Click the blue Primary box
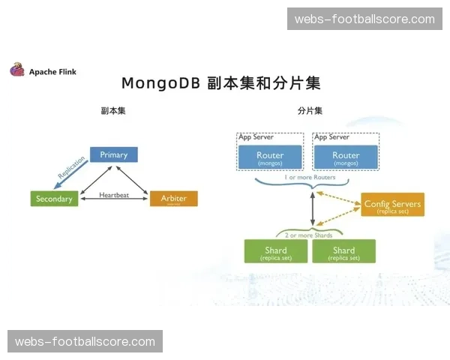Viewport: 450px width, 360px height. pyautogui.click(x=114, y=155)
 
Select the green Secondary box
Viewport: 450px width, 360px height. pyautogui.click(x=54, y=199)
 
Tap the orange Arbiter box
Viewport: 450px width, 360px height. pyautogui.click(x=173, y=199)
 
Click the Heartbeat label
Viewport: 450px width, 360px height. pyautogui.click(x=114, y=195)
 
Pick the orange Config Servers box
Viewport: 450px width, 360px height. pyautogui.click(x=392, y=205)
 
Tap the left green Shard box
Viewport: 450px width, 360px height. pyautogui.click(x=276, y=251)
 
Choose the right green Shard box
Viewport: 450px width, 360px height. pyautogui.click(x=343, y=251)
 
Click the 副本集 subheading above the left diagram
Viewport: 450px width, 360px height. pyautogui.click(x=113, y=110)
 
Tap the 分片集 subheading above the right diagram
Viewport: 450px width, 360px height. pyautogui.click(x=310, y=110)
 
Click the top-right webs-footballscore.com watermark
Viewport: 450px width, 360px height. pyautogui.click(x=363, y=19)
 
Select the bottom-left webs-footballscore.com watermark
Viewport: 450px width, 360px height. pyautogui.click(x=86, y=342)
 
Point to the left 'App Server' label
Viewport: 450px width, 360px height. pyautogui.click(x=256, y=137)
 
